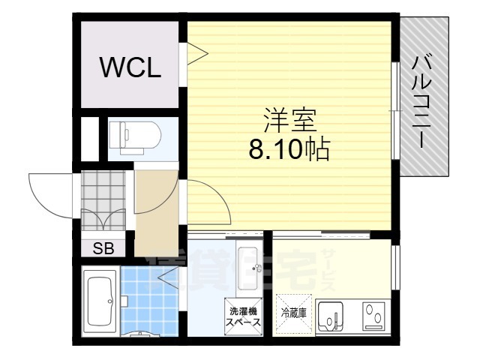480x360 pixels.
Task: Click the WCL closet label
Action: point(130,68)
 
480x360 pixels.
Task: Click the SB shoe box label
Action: point(103,249)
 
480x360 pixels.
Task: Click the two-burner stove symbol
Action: point(372,316)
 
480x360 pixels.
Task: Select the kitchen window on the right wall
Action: point(394,262)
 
